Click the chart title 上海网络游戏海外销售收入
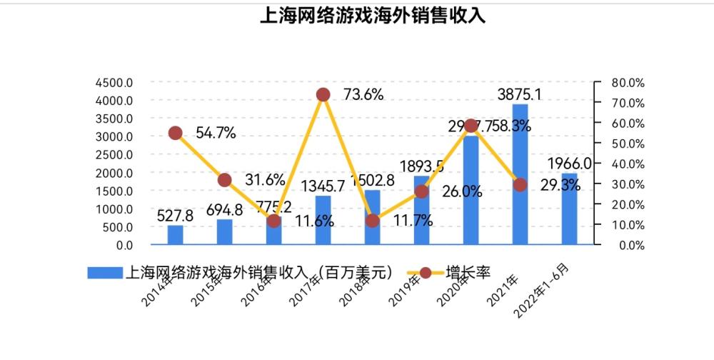pos(373,16)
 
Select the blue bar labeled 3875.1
pos(520,175)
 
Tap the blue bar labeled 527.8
pos(175,236)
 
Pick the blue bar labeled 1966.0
pos(569,209)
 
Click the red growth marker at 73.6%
pos(323,95)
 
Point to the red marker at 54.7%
pos(175,133)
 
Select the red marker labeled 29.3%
pos(520,185)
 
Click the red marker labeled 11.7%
pos(372,221)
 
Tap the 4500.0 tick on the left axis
pos(114,82)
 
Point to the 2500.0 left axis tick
pos(114,155)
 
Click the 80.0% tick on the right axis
pos(628,83)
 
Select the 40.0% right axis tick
pos(628,164)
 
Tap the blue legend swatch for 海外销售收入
pos(105,273)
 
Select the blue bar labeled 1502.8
pos(372,218)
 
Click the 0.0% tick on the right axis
pos(628,246)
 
